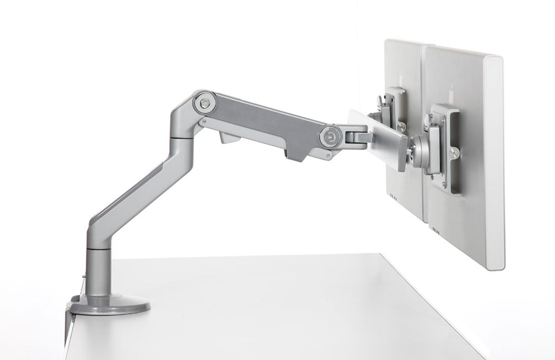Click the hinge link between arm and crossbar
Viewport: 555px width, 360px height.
click(x=356, y=136)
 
